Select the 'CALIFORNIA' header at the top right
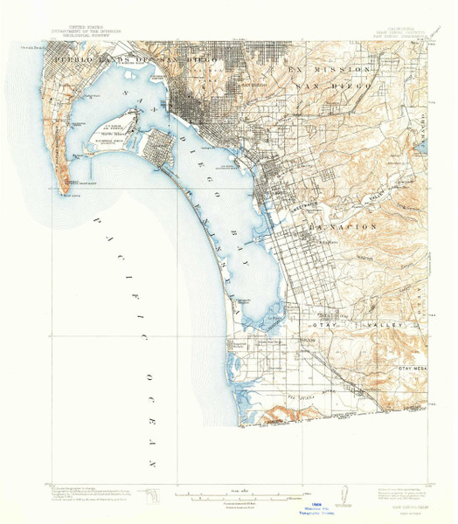pos(377,27)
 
